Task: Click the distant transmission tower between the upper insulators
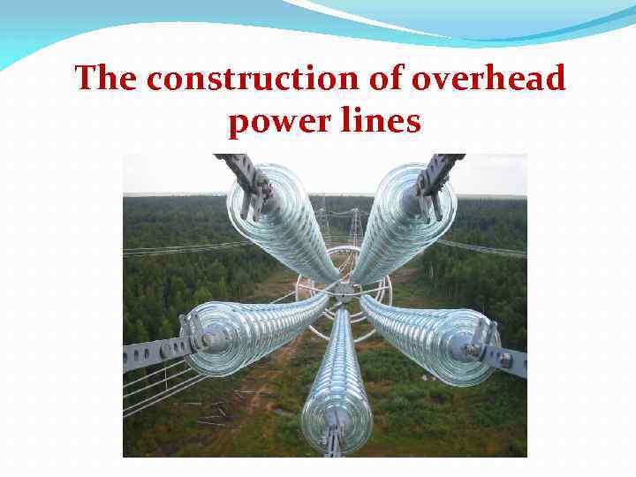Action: pos(356,227)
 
